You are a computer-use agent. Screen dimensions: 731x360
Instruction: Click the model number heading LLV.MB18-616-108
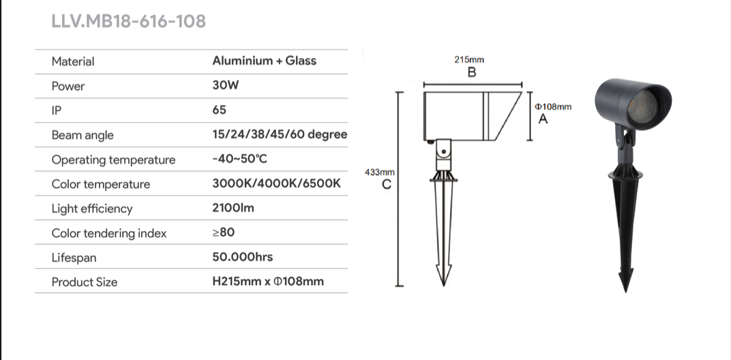(x=129, y=21)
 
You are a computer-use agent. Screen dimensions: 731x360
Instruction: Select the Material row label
(x=73, y=61)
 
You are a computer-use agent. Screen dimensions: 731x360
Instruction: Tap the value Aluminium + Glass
(x=265, y=61)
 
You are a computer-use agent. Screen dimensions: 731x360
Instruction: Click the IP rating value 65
(x=219, y=110)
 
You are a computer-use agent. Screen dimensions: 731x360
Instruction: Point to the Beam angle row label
(x=83, y=135)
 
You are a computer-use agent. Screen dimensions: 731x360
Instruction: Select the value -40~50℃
(x=239, y=159)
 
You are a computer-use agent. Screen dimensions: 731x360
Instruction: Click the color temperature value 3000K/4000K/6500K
(x=276, y=183)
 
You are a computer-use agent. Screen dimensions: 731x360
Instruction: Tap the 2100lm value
(x=233, y=207)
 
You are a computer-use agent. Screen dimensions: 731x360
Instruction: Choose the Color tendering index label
(x=109, y=233)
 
